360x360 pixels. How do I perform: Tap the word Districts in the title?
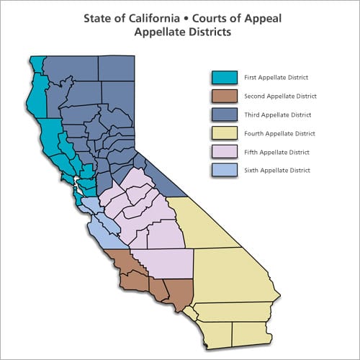pos(210,32)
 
